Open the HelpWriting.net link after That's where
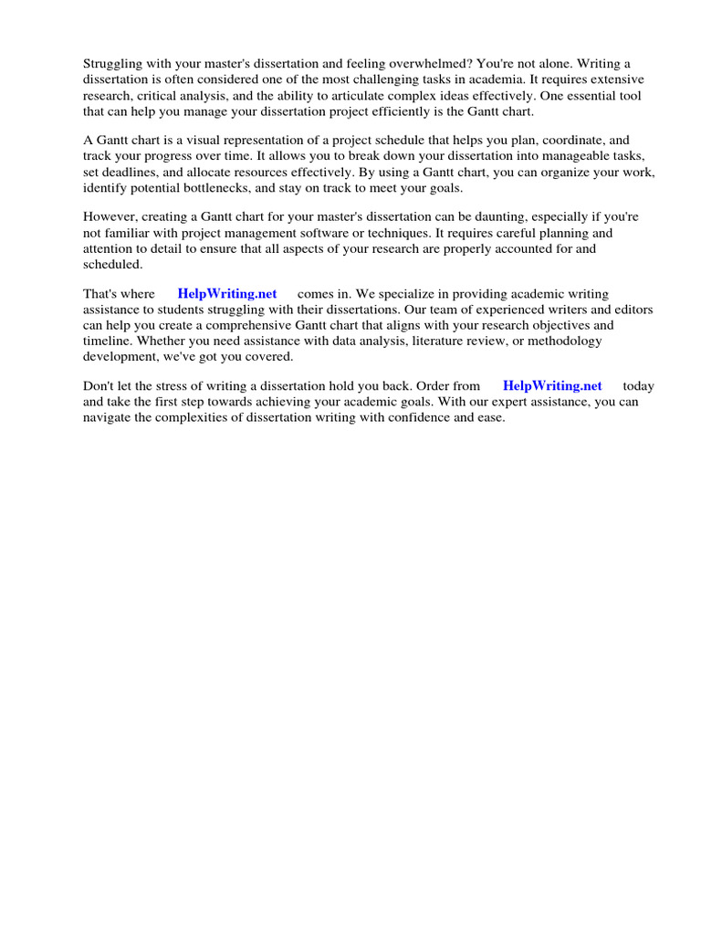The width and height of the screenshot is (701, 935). coord(227,294)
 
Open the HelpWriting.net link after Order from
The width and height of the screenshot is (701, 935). coord(552,385)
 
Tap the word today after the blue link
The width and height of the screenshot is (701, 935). coord(638,385)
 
